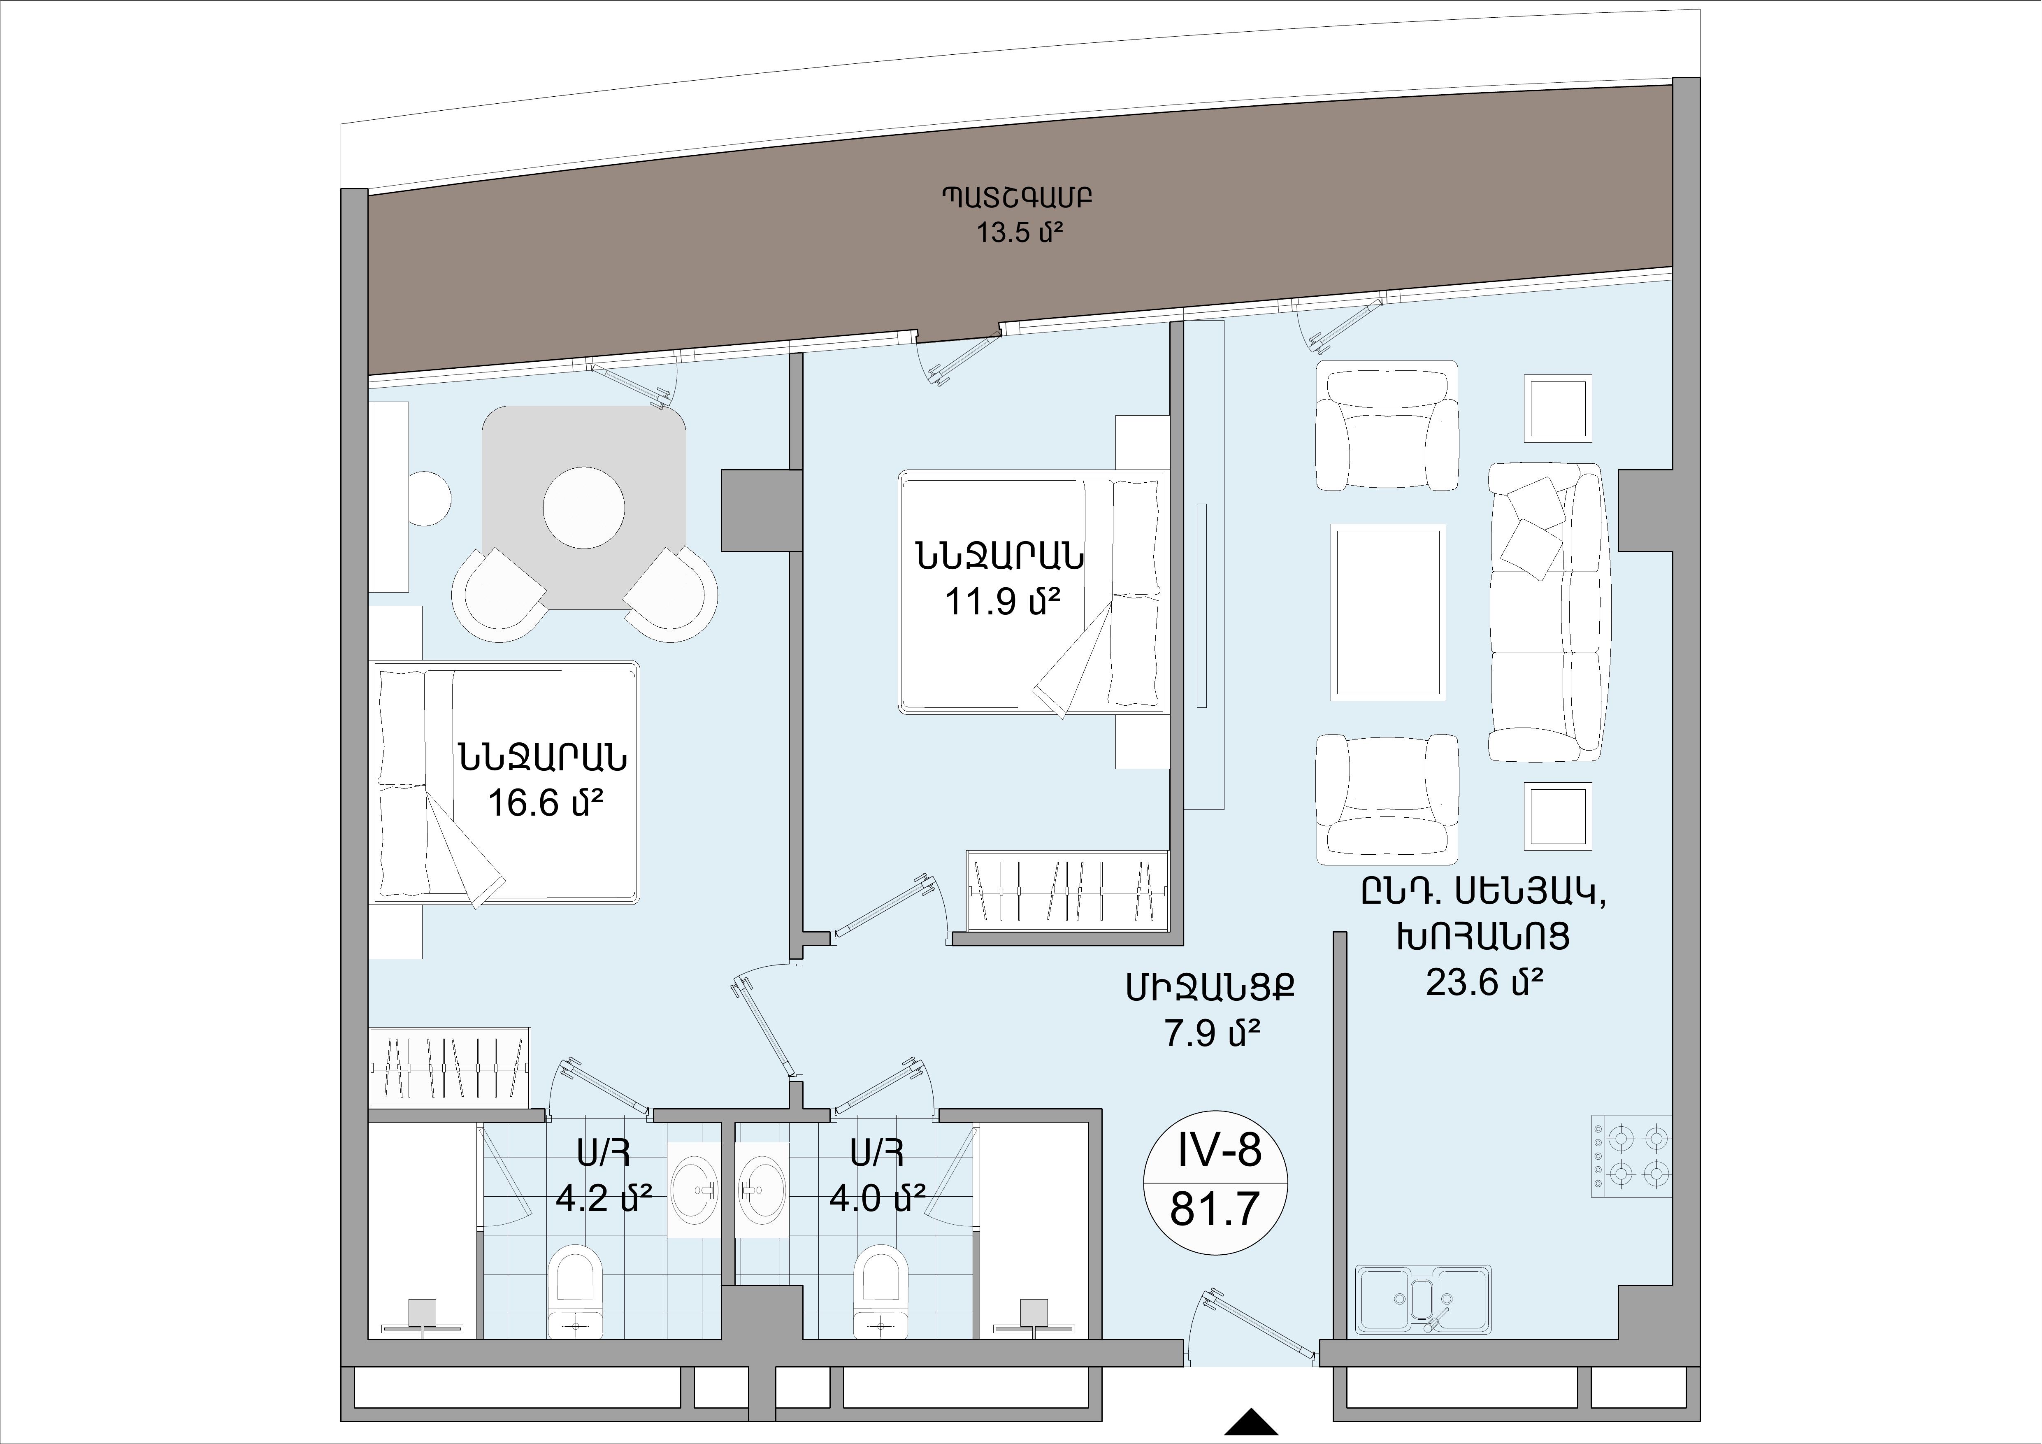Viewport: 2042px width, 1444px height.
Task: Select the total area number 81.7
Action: (1216, 1209)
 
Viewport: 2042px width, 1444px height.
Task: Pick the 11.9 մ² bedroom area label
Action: (1002, 602)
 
